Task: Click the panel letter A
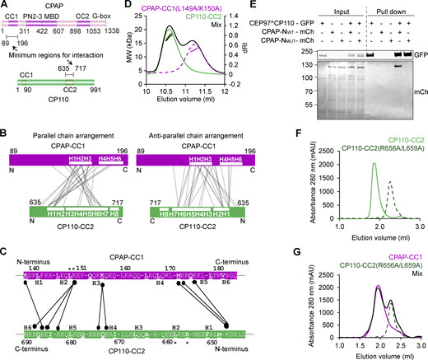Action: (6, 6)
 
